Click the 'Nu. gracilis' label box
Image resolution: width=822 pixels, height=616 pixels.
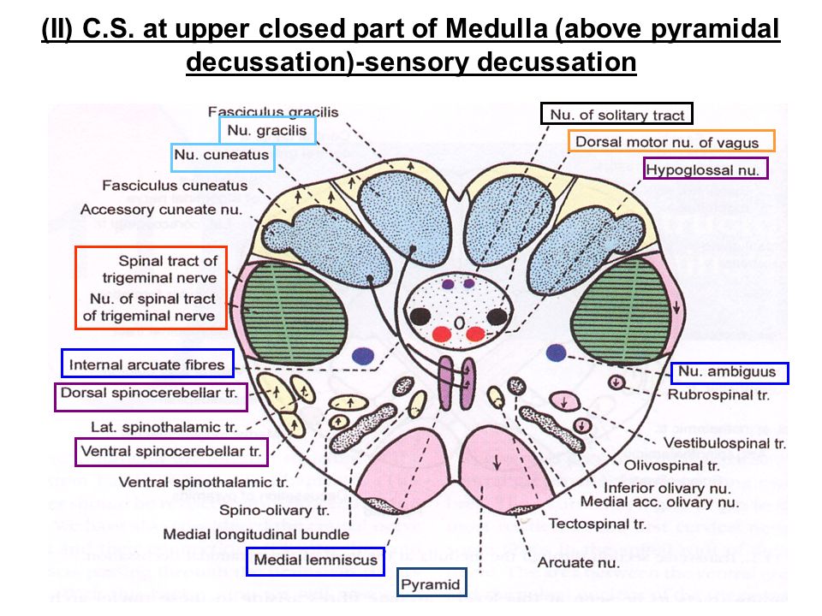click(x=268, y=130)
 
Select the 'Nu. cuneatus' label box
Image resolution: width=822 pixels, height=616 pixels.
click(x=222, y=157)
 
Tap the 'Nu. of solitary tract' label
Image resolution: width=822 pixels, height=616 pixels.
click(x=616, y=114)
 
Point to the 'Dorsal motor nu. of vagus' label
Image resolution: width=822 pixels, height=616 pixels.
click(x=670, y=141)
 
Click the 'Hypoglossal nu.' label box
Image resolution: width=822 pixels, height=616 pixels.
click(x=706, y=169)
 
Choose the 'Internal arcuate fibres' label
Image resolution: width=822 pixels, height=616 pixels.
click(x=147, y=364)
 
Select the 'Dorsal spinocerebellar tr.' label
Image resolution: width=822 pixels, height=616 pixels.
click(x=151, y=397)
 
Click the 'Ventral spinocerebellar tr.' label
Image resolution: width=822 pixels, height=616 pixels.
click(x=171, y=451)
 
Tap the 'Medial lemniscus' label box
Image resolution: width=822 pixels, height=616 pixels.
click(x=314, y=560)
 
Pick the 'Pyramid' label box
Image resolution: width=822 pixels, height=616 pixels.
click(x=432, y=585)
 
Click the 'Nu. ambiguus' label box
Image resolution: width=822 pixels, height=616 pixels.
click(x=730, y=372)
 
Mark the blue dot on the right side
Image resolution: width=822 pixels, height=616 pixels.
click(x=557, y=352)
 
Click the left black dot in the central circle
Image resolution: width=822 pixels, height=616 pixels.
click(x=420, y=315)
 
